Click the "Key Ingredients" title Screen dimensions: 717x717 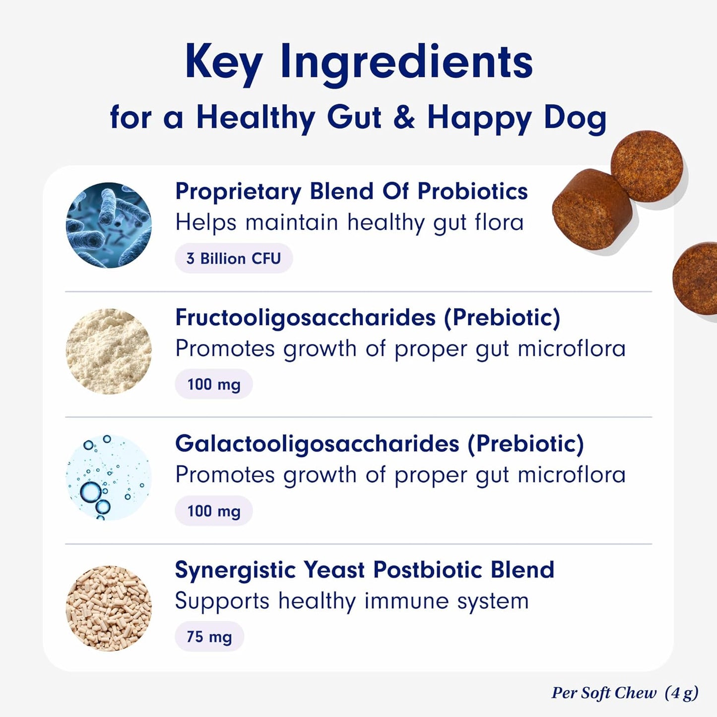(358, 63)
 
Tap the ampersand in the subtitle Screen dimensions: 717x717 (404, 118)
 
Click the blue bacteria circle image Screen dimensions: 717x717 (109, 225)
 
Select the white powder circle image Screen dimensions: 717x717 (109, 351)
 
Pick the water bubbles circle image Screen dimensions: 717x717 (109, 477)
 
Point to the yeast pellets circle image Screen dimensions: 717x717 (109, 608)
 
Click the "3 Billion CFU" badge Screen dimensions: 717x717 (234, 259)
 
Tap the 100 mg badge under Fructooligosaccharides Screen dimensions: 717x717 (214, 384)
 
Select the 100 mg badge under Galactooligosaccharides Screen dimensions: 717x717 (214, 511)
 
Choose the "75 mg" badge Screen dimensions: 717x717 (209, 637)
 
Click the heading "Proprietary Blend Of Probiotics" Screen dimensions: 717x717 (351, 192)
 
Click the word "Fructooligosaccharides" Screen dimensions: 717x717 (305, 318)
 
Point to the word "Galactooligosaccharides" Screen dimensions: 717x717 (317, 444)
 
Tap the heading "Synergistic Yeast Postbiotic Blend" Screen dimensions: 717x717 (364, 570)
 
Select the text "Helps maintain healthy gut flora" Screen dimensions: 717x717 (349, 223)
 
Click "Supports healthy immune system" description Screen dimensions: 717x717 (352, 601)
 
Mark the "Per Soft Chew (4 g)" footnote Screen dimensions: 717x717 (625, 693)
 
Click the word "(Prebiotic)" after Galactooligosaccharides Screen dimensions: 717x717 (525, 444)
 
